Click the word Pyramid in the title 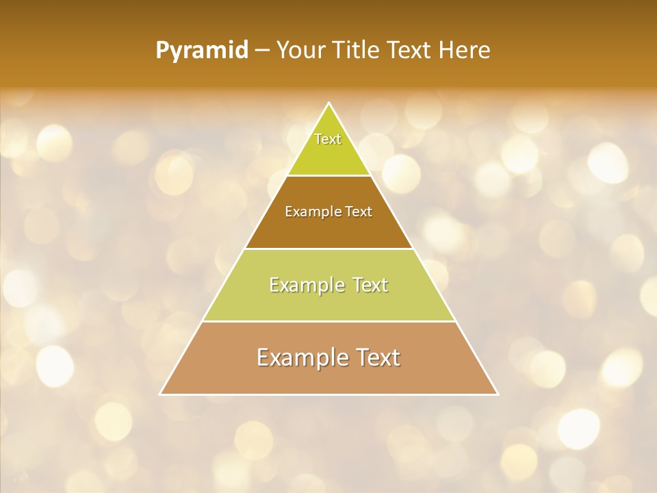[202, 51]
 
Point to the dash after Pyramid [262, 51]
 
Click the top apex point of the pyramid [329, 103]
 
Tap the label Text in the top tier [328, 139]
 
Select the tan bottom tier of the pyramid [329, 377]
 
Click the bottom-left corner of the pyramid [161, 394]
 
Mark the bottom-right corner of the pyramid [498, 394]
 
